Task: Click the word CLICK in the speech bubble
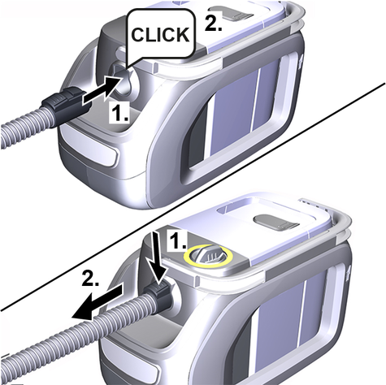pos(160,34)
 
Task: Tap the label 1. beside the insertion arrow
pos(119,112)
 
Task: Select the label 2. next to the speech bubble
pos(213,23)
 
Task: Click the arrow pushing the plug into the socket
pos(102,89)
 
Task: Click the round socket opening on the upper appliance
pos(125,82)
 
